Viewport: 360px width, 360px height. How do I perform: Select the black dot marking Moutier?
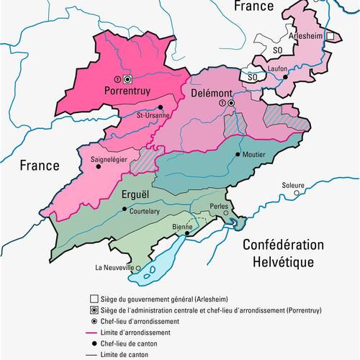coord(237,155)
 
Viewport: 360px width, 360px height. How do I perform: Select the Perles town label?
coord(219,205)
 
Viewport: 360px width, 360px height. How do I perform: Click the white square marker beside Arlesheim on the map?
coord(330,35)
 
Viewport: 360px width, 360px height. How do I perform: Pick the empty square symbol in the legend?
coord(94,298)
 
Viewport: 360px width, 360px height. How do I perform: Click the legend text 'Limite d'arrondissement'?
coord(147,333)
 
